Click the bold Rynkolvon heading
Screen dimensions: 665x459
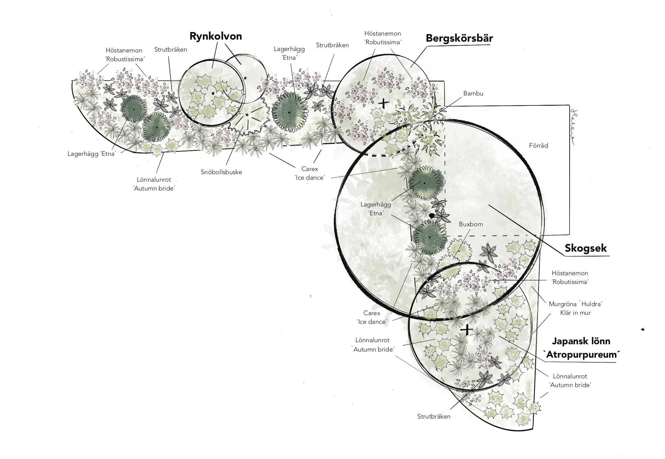(x=216, y=36)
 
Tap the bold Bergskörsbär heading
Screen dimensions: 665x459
(x=459, y=38)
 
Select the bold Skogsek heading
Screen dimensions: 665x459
(x=586, y=248)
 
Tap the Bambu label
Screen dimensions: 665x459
(x=473, y=93)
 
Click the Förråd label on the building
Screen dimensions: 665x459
(x=538, y=146)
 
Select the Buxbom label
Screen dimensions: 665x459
(x=471, y=224)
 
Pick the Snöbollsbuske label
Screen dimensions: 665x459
(x=221, y=172)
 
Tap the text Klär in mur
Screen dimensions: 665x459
(x=575, y=313)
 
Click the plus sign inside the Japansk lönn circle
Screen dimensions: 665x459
(x=467, y=330)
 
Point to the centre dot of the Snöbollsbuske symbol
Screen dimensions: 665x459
(x=247, y=115)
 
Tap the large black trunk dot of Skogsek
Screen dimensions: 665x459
(x=432, y=216)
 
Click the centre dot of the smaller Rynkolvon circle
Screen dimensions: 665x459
(x=246, y=78)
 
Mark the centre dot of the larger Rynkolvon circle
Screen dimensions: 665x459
(x=213, y=93)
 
